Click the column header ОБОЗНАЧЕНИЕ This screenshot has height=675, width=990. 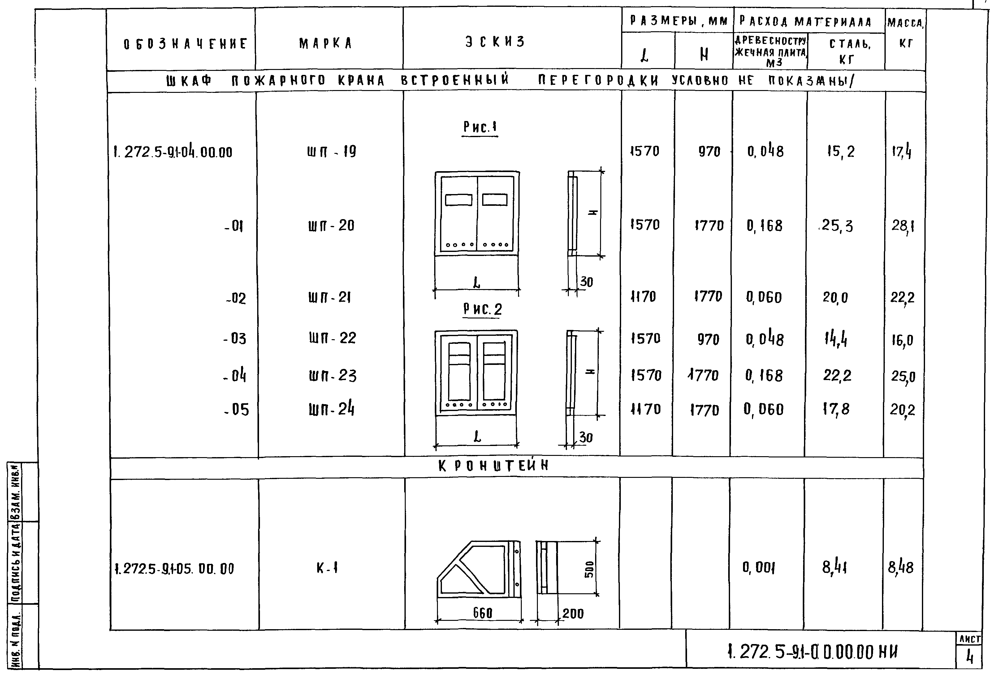[x=185, y=44]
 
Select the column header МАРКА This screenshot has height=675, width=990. [x=326, y=43]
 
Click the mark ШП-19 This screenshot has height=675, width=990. [x=331, y=151]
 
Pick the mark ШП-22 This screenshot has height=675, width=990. [x=332, y=338]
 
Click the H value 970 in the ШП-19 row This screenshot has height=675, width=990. [x=709, y=151]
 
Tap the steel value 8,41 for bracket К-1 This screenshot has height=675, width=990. [x=834, y=568]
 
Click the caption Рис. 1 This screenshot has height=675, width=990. [x=480, y=127]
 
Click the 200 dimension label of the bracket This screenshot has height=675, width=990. [x=573, y=614]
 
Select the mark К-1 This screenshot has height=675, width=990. [x=327, y=568]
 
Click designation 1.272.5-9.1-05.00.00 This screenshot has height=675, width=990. [x=174, y=569]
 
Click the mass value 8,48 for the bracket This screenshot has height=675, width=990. [x=901, y=568]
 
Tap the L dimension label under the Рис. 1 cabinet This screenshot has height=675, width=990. [x=477, y=282]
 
